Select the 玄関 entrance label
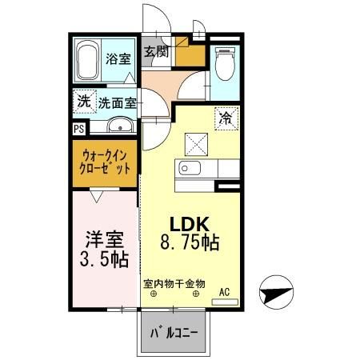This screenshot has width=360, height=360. coord(157,53)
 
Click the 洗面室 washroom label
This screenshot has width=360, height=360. coord(117,102)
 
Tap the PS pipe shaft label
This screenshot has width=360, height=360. coord(78,127)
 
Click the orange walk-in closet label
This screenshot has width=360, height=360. coord(105,162)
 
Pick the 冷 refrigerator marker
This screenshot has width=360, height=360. coord(225,118)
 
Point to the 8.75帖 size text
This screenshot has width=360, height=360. coord(190,240)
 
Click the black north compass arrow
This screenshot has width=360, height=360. coord(276,291)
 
